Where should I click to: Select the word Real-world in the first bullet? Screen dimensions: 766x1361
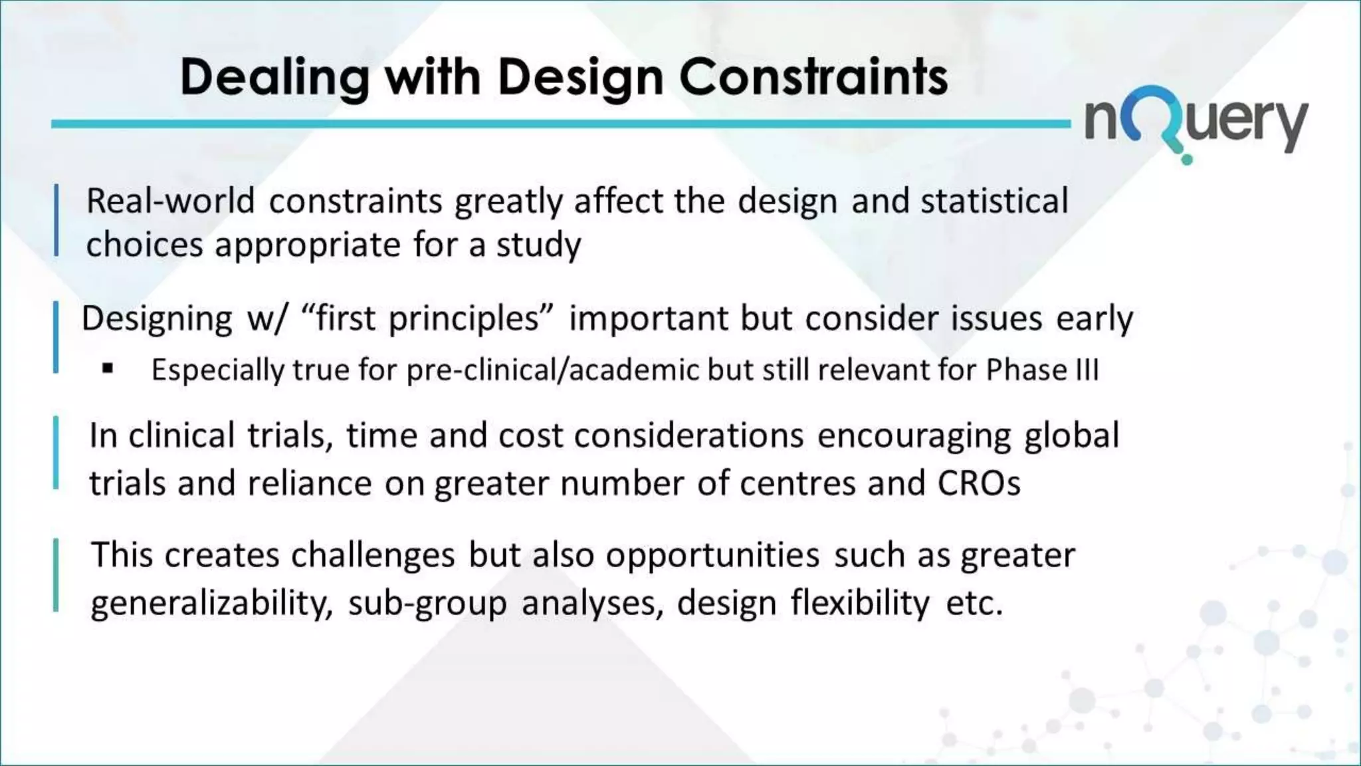pyautogui.click(x=170, y=201)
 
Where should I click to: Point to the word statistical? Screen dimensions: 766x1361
pyautogui.click(x=994, y=201)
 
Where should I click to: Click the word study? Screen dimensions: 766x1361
pyautogui.click(x=538, y=245)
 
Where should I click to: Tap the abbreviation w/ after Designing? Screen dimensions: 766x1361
pyautogui.click(x=267, y=319)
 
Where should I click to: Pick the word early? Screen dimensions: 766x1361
pyautogui.click(x=1095, y=319)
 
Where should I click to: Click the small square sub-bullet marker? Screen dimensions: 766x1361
pyautogui.click(x=108, y=368)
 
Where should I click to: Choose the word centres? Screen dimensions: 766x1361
pyautogui.click(x=797, y=484)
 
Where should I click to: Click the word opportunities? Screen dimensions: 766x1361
pyautogui.click(x=712, y=556)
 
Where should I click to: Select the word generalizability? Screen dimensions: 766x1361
pyautogui.click(x=211, y=604)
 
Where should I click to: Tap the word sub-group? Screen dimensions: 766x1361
pyautogui.click(x=427, y=604)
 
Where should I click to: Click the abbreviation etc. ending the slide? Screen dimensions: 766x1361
pyautogui.click(x=974, y=604)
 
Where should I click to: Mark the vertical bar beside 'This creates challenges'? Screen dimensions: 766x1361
pyautogui.click(x=56, y=575)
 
